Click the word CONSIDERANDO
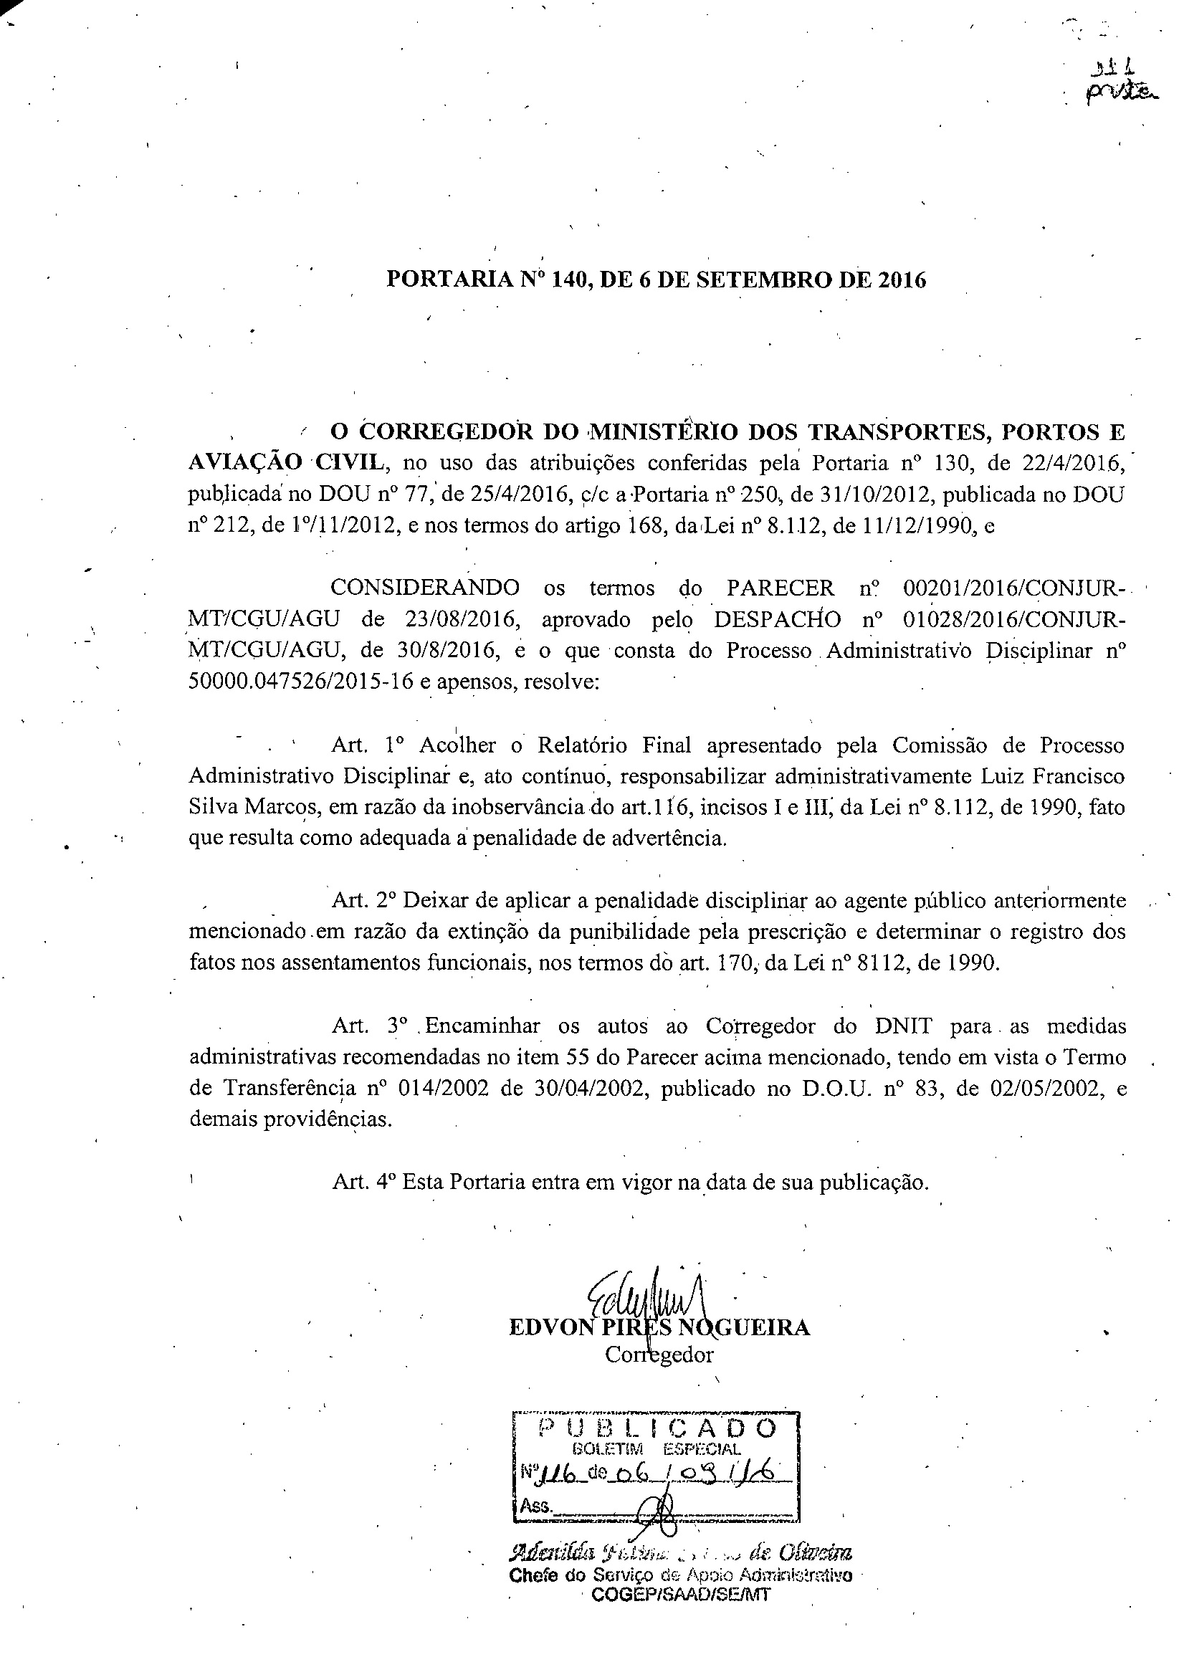point(426,588)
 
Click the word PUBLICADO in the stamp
point(657,1429)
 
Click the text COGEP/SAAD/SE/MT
point(679,1595)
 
